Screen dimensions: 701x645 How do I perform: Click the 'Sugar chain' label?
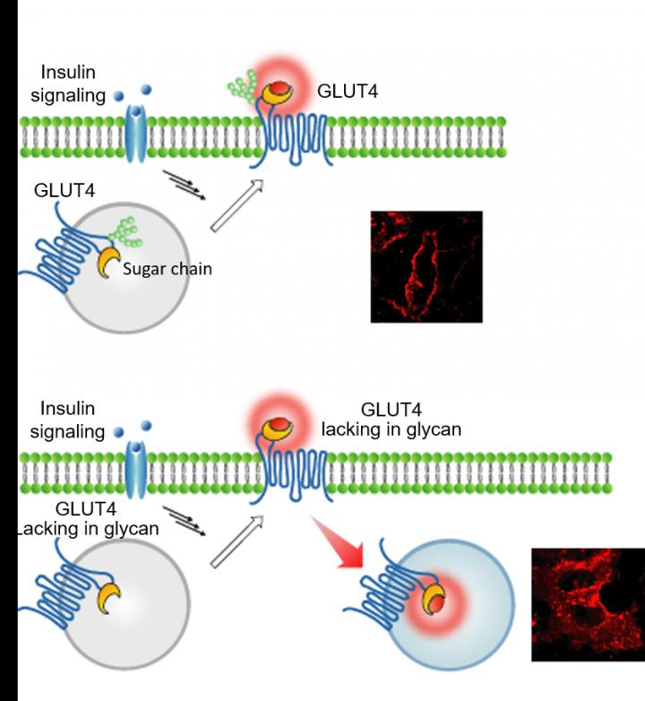click(x=168, y=267)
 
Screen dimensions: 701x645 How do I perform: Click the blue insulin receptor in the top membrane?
click(x=134, y=134)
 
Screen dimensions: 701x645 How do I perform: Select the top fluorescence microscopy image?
click(x=426, y=266)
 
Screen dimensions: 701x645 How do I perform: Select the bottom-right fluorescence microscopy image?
click(x=588, y=604)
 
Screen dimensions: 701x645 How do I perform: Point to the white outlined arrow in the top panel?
click(x=236, y=203)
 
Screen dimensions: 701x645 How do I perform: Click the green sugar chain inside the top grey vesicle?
click(x=125, y=230)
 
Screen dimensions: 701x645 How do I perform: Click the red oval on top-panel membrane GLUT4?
click(x=280, y=89)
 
